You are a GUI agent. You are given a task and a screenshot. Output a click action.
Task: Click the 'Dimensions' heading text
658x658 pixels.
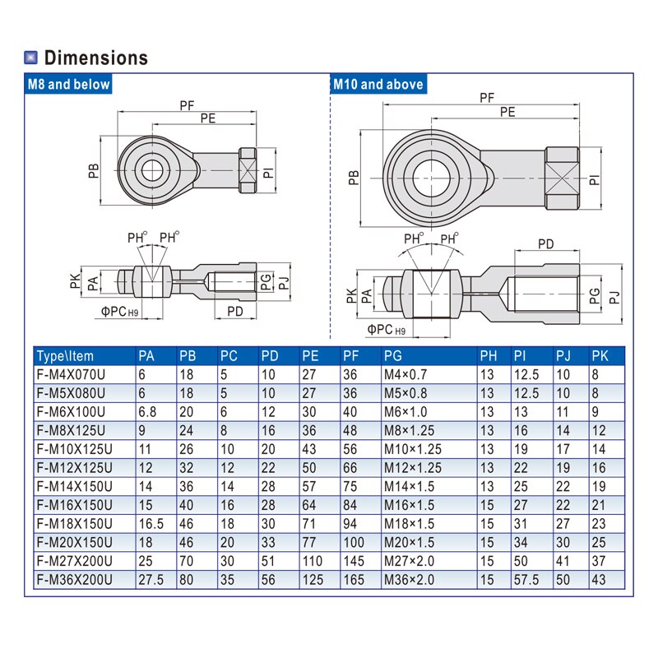(x=95, y=58)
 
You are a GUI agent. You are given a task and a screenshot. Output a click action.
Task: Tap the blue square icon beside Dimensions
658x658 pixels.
(x=31, y=58)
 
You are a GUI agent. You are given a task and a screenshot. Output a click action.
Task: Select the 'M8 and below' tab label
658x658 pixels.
(x=68, y=84)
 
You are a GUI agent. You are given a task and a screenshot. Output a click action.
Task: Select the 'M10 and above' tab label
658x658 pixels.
(x=378, y=84)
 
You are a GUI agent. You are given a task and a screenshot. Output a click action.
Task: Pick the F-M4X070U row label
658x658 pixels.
(x=71, y=374)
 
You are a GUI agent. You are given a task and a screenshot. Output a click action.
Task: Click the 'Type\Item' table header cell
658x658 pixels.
(x=66, y=356)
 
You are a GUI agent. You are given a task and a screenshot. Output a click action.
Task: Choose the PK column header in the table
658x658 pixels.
(x=600, y=356)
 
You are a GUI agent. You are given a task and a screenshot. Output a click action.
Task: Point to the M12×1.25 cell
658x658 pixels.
(x=412, y=467)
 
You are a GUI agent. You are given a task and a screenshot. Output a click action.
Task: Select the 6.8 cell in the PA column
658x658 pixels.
(x=148, y=411)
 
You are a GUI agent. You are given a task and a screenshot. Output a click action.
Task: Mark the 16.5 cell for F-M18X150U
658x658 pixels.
(x=151, y=523)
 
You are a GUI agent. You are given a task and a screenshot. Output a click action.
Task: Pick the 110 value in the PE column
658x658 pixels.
(x=312, y=560)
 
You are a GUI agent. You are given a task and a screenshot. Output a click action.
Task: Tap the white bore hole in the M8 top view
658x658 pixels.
(x=151, y=171)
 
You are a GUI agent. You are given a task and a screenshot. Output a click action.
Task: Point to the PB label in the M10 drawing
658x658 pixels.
(x=353, y=178)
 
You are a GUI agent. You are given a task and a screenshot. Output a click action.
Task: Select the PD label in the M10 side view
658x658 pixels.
(x=545, y=243)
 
